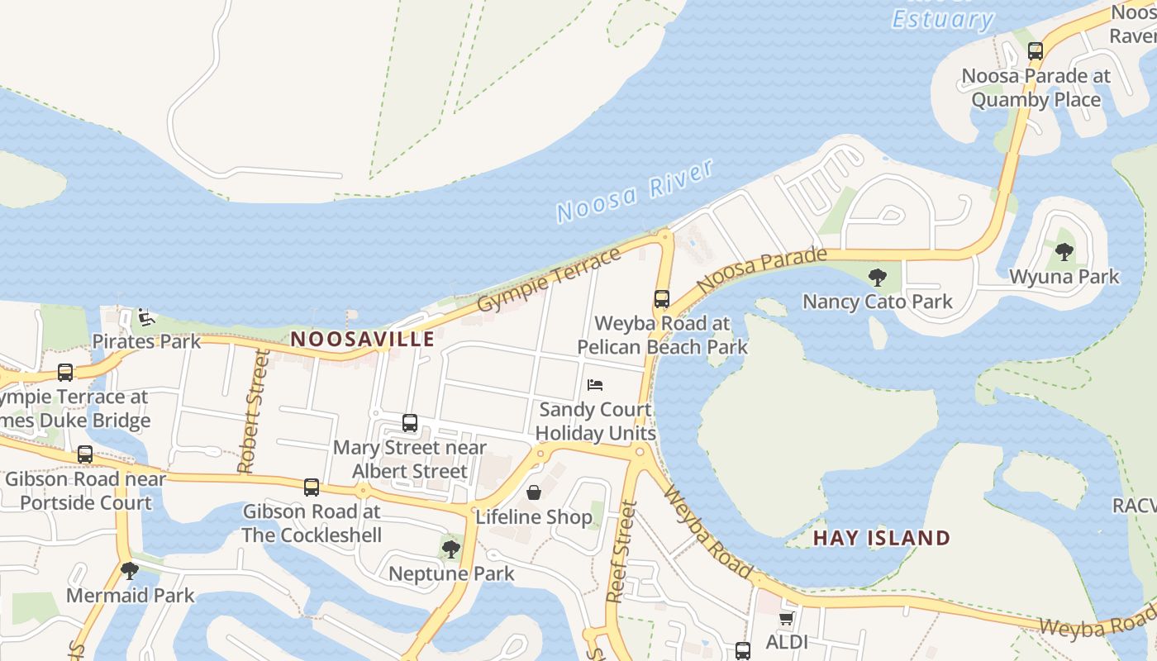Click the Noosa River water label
(634, 191)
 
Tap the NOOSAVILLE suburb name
(363, 339)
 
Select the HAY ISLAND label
(882, 538)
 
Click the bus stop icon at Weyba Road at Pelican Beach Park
(662, 299)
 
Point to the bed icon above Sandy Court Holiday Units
(595, 384)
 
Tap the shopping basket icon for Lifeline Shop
(534, 492)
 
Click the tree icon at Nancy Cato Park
(878, 277)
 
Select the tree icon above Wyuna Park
(1064, 252)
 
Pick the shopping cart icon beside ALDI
(786, 618)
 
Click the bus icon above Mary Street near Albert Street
(410, 423)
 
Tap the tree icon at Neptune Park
(451, 549)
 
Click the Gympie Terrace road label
(549, 280)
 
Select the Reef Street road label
(621, 552)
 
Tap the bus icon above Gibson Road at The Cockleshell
(312, 487)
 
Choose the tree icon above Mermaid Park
(130, 570)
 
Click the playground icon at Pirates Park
(145, 316)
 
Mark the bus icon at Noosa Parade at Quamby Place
(1036, 51)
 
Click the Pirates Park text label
(146, 341)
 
